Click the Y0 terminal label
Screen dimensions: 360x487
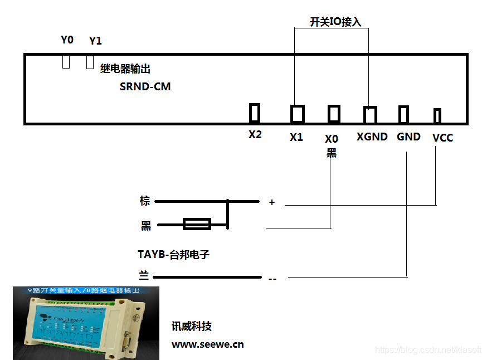[x=67, y=40]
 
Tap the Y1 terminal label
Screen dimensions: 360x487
[x=95, y=41]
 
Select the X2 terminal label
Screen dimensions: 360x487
[x=255, y=135]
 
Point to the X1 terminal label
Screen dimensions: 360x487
[x=296, y=137]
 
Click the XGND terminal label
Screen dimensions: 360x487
[x=372, y=137]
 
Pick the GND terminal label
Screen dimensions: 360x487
[x=408, y=137]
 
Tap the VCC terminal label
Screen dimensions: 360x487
[x=442, y=138]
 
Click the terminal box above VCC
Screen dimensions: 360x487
[x=437, y=115]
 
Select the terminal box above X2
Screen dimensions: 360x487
[x=255, y=113]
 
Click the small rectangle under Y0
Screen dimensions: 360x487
[x=66, y=61]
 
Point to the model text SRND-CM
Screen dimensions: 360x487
[x=145, y=87]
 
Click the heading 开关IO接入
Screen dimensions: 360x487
[x=335, y=22]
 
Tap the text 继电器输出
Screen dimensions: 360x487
[x=125, y=69]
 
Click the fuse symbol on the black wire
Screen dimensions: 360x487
[x=197, y=224]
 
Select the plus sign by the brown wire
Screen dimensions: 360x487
[x=272, y=202]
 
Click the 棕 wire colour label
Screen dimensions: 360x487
[x=145, y=201]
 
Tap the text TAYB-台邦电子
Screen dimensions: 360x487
[x=173, y=255]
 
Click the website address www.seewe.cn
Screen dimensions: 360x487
[x=207, y=344]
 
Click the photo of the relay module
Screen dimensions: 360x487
[x=86, y=323]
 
